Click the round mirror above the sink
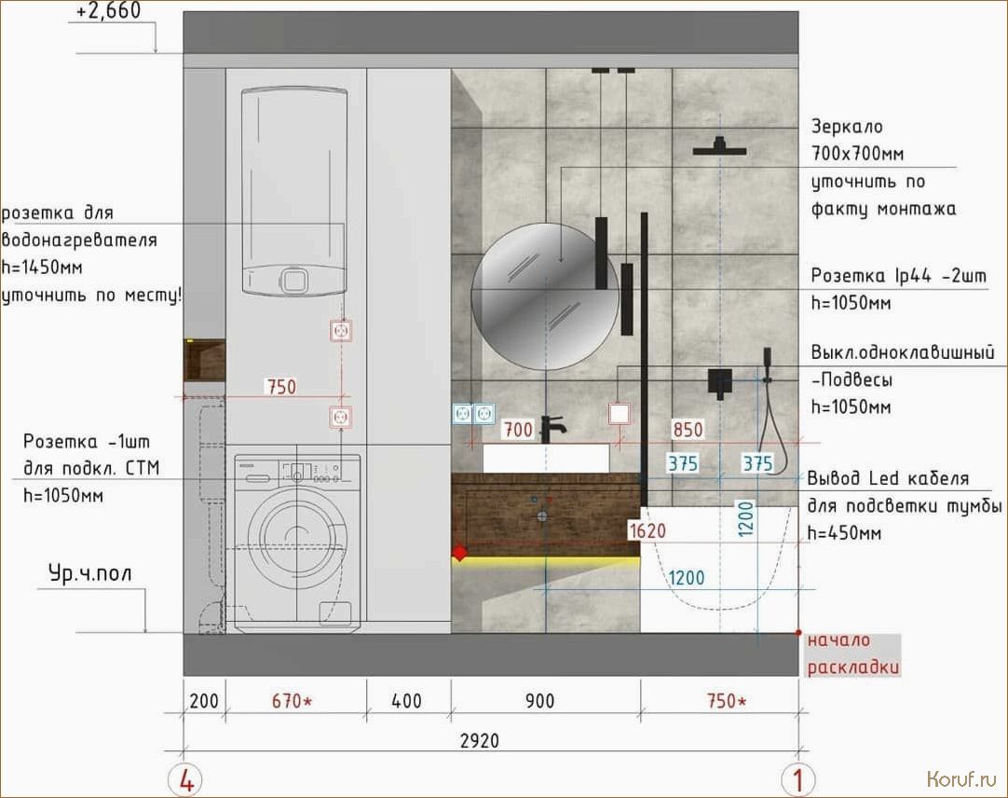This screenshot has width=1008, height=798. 545,296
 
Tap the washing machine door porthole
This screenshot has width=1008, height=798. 297,538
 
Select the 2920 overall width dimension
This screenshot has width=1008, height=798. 480,741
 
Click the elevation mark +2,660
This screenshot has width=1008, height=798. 109,10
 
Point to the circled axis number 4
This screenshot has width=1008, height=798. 185,780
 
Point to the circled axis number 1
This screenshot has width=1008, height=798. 797,780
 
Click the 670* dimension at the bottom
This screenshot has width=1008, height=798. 292,701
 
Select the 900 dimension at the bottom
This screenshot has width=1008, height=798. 539,701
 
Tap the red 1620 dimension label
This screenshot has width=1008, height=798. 647,531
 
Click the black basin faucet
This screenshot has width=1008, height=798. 551,429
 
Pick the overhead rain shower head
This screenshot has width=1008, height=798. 719,147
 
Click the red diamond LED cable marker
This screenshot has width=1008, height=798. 459,553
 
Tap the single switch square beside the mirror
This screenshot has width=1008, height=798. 619,414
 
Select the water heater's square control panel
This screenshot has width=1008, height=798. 293,281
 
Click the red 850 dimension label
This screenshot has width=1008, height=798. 688,429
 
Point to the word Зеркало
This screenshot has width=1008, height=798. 847,127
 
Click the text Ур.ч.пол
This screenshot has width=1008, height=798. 90,573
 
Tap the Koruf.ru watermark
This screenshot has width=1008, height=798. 961,780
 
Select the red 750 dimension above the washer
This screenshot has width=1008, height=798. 281,387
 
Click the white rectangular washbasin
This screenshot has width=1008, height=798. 546,459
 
